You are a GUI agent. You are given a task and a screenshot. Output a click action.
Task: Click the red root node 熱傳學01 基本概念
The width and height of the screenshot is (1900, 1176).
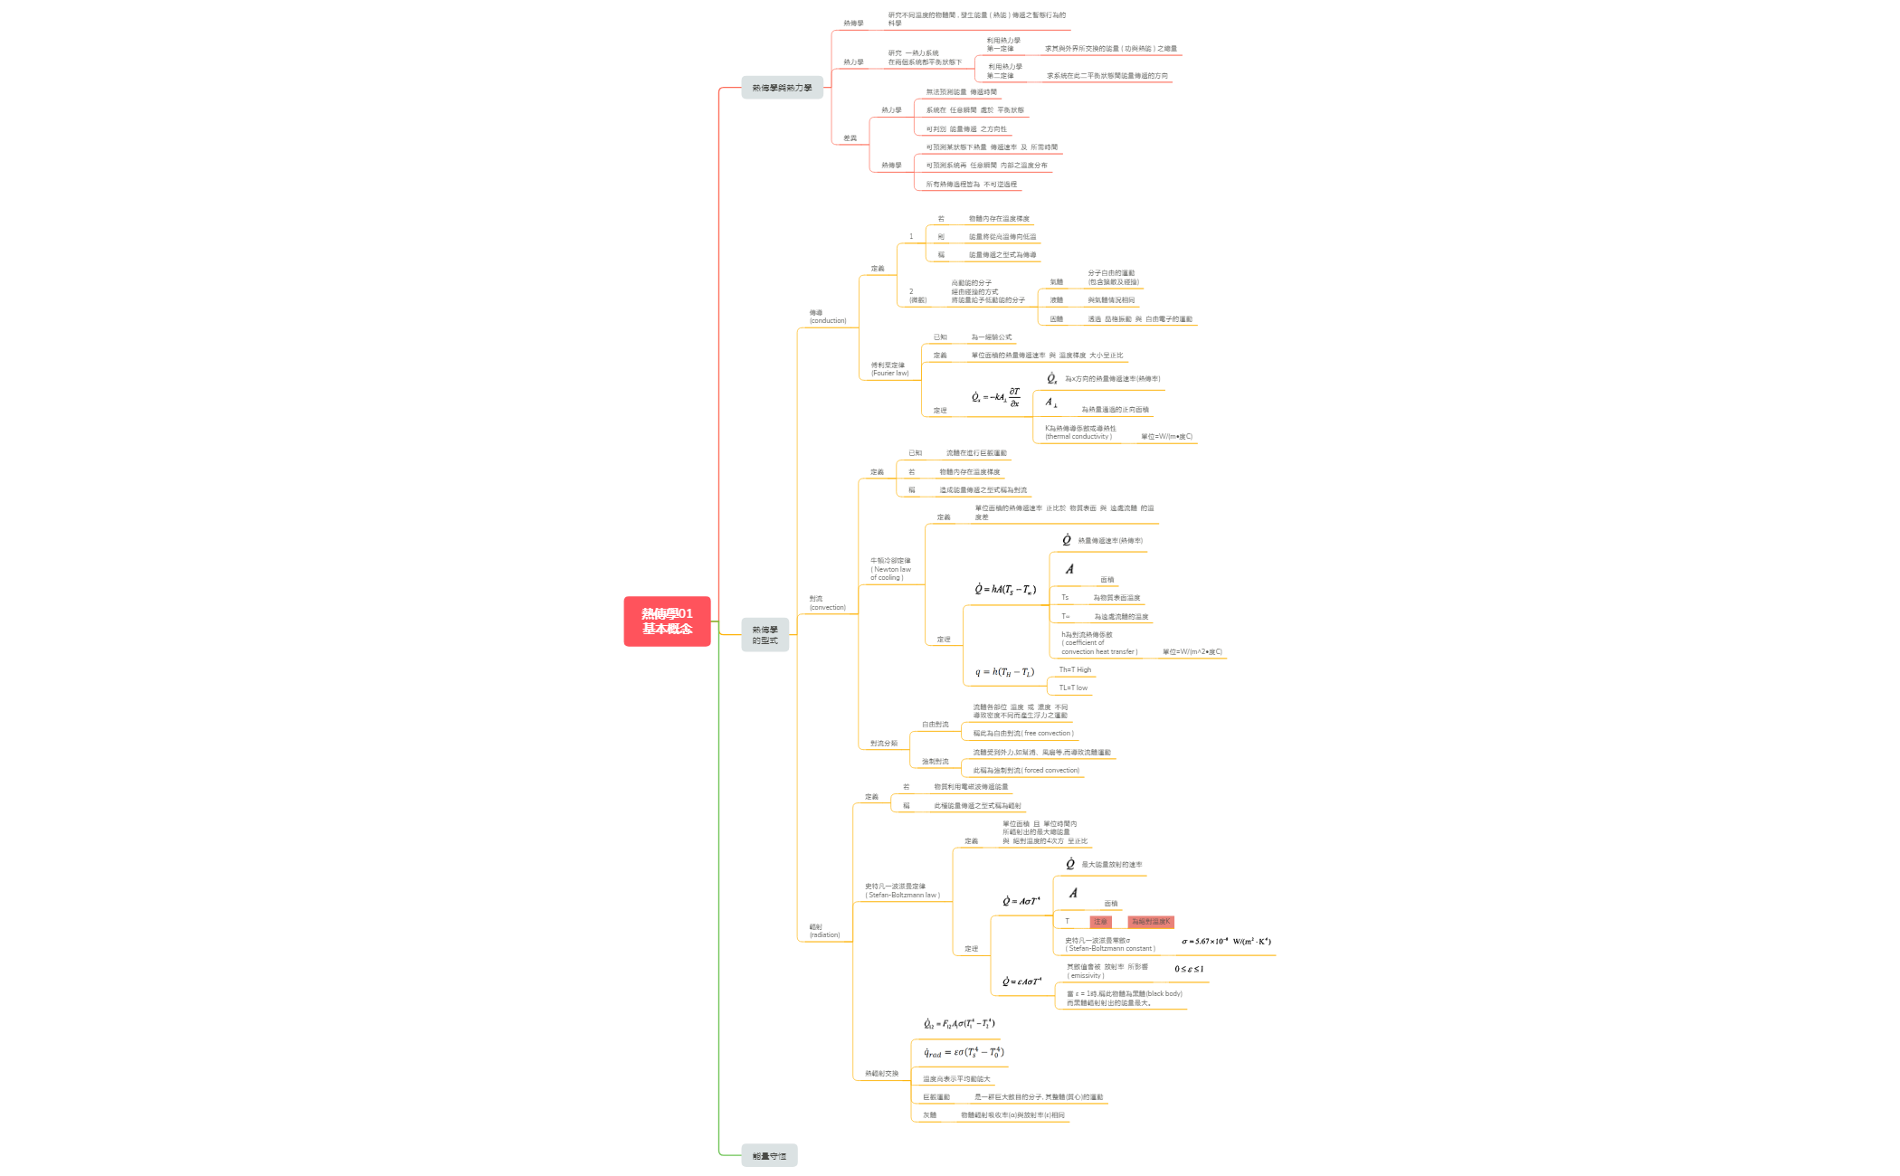[x=667, y=621]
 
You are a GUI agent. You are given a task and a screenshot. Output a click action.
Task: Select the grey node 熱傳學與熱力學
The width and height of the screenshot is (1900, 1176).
[x=782, y=88]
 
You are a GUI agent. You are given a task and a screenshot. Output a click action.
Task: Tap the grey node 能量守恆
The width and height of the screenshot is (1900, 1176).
[x=769, y=1156]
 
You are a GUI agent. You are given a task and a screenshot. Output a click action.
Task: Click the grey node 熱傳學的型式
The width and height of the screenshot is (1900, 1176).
[x=765, y=635]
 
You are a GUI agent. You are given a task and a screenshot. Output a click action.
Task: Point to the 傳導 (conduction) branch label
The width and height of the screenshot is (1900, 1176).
[x=827, y=317]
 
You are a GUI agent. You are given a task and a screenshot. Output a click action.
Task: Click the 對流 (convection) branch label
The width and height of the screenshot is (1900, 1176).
[x=827, y=603]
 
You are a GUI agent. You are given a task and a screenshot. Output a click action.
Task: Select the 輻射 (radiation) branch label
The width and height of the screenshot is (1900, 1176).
[x=824, y=931]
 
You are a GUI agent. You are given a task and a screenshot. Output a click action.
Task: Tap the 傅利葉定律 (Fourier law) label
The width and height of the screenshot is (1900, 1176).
[x=889, y=369]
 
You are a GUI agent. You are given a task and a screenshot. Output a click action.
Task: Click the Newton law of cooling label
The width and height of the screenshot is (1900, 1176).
[x=890, y=569]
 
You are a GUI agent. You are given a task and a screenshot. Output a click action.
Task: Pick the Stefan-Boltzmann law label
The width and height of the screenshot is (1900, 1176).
[x=902, y=891]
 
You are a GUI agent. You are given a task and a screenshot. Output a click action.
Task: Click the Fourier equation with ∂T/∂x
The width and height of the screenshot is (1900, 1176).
[x=996, y=397]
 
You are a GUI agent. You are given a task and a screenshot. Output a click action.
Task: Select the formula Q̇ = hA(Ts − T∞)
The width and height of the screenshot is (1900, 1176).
[x=1005, y=590]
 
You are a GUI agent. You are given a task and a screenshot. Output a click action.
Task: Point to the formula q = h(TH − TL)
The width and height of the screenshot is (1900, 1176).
[x=1004, y=672]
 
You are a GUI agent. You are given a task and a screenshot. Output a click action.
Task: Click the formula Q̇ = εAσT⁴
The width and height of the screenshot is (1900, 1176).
[x=1021, y=982]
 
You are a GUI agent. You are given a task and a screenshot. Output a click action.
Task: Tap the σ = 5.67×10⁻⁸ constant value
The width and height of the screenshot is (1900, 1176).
[x=1226, y=942]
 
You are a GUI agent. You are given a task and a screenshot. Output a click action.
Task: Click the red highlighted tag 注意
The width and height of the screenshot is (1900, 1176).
[x=1100, y=922]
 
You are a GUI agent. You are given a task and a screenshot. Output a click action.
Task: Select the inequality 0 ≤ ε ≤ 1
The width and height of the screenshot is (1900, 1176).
[x=1189, y=969]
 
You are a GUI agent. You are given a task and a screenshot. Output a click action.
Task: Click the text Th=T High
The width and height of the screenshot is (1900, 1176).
[x=1075, y=670]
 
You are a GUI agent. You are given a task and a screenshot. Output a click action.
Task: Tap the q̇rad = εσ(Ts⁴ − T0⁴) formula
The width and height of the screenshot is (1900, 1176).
[x=964, y=1052]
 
